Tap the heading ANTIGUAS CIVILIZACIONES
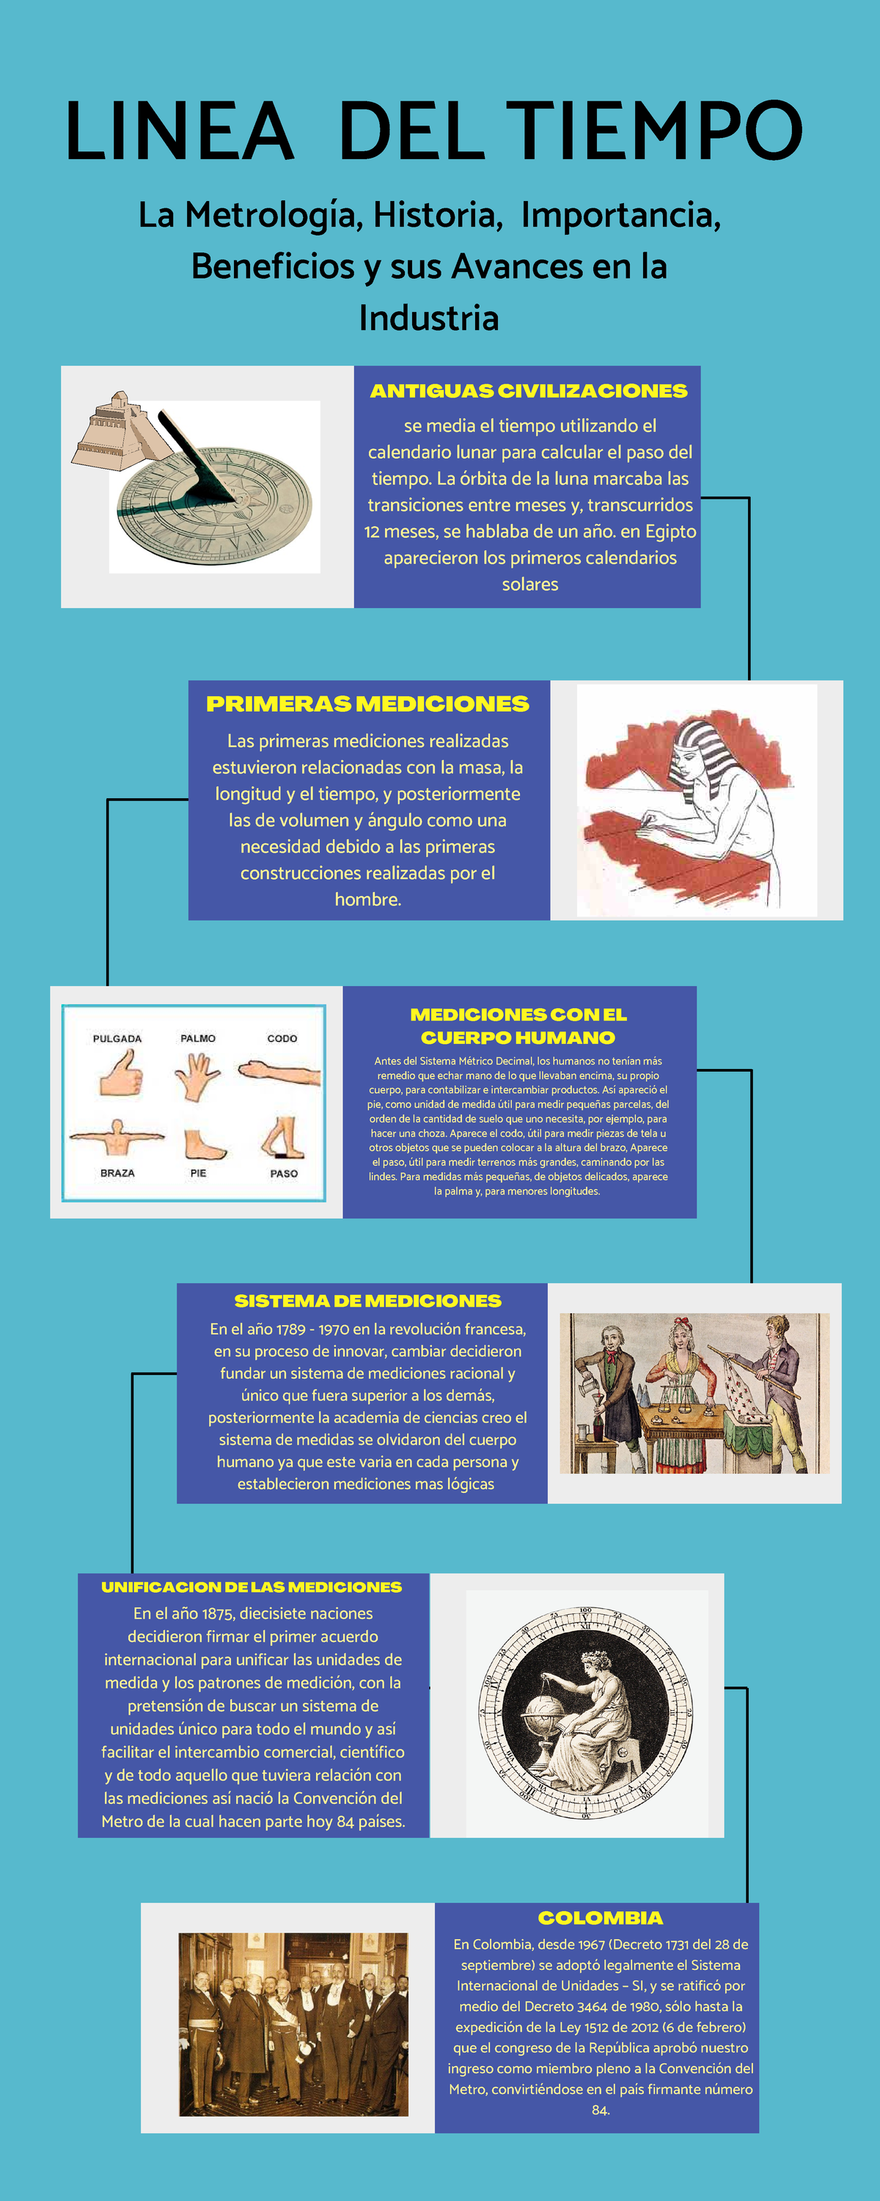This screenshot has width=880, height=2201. [528, 391]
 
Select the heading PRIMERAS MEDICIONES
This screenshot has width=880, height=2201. [367, 704]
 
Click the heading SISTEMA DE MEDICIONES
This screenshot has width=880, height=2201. [367, 1302]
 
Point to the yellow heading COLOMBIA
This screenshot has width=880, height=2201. [600, 1919]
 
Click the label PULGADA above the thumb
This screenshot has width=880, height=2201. [117, 1039]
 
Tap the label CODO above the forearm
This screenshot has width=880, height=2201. [282, 1039]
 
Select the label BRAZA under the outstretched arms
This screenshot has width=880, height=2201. [117, 1173]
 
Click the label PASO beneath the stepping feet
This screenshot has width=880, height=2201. [284, 1174]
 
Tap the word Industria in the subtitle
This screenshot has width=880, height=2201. [428, 318]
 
